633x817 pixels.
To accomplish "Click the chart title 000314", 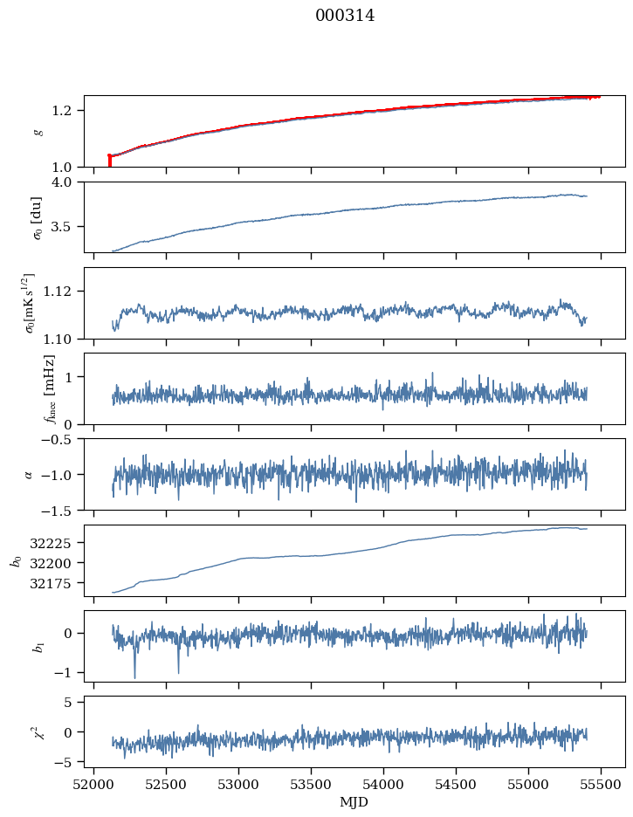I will tap(345, 16).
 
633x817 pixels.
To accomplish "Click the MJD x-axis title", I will tap(354, 801).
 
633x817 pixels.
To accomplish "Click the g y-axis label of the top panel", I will tap(38, 131).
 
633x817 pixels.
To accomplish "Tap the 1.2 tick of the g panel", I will tap(68, 111).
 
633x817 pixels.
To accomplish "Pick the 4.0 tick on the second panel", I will tap(68, 182).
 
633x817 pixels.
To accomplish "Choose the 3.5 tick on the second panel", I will tap(68, 227).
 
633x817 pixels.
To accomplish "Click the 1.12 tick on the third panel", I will tap(65, 291).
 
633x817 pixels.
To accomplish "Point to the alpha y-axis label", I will tap(28, 474).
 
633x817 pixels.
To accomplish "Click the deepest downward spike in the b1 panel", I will tap(134, 677).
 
